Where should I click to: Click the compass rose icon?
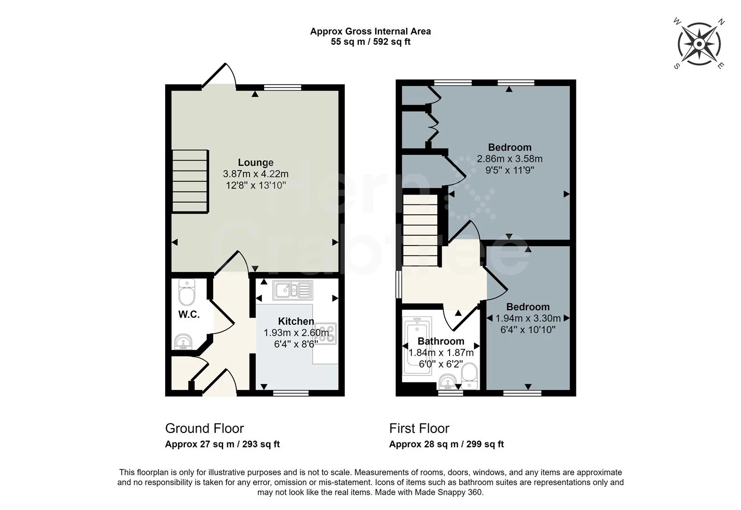699,44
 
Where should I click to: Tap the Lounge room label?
255,162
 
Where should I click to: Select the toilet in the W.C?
187,293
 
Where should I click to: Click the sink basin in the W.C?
183,341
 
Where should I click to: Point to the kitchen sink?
292,290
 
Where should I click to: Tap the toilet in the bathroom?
469,375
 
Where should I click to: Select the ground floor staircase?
190,181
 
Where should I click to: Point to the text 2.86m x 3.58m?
509,159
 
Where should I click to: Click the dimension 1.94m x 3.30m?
528,318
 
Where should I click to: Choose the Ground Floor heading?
204,428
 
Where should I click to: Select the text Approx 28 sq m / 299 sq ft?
446,444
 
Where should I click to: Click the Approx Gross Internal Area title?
370,32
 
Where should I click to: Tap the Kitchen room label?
296,321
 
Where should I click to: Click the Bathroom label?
441,341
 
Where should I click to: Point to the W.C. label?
189,314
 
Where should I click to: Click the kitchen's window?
291,392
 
